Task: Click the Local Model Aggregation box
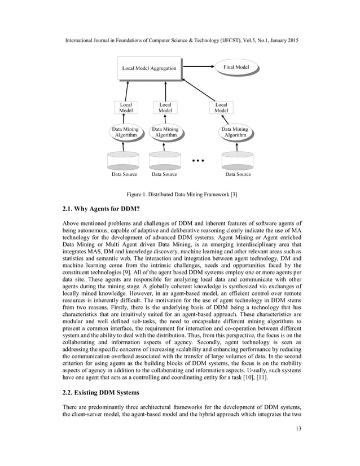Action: [x=149, y=68]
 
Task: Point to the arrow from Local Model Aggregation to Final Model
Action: [x=196, y=68]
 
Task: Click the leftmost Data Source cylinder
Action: [x=124, y=160]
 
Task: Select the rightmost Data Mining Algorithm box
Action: [x=235, y=133]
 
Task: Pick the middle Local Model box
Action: [x=165, y=108]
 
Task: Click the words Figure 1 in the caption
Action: [x=139, y=194]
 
